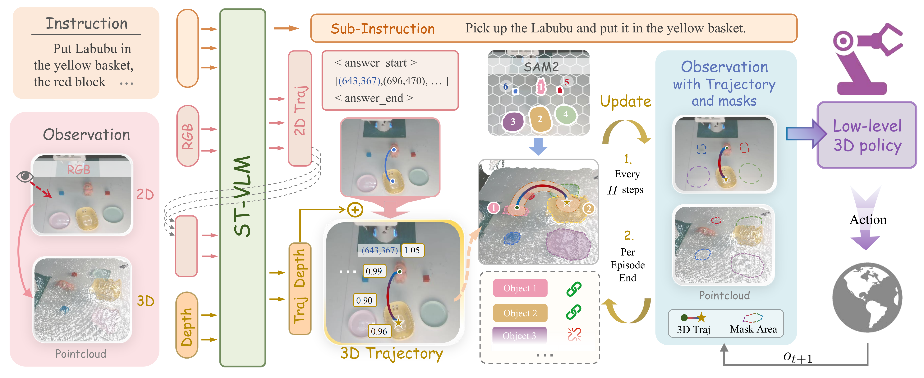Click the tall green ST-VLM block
click(x=242, y=187)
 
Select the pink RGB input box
click(x=188, y=136)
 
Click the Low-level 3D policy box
click(x=867, y=136)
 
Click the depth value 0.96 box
click(x=379, y=331)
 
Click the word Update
click(x=626, y=102)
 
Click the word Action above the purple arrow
click(x=868, y=220)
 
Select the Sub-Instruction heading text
click(x=382, y=29)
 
